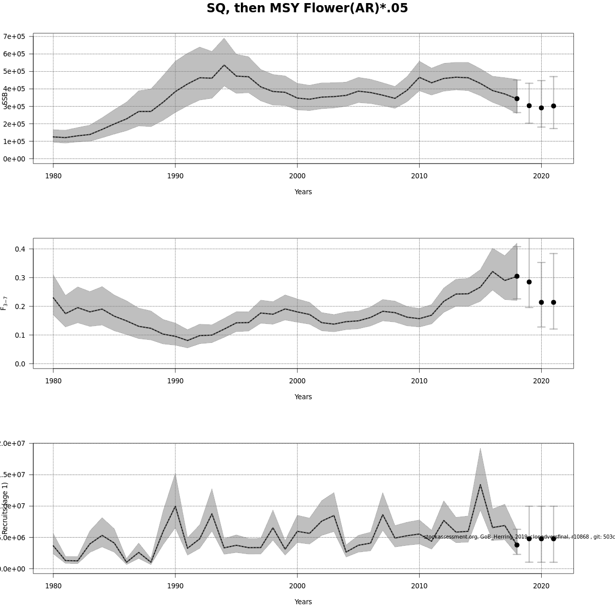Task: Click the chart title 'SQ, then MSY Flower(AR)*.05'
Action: click(307, 9)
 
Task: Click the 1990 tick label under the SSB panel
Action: click(175, 176)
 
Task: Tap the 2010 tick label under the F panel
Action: click(419, 381)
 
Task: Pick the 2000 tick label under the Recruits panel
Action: click(297, 586)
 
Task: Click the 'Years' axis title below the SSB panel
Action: click(303, 192)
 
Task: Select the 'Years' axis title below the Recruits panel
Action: click(303, 602)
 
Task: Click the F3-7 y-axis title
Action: click(4, 303)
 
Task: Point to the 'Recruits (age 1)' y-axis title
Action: click(5, 508)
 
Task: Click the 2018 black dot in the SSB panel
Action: click(517, 98)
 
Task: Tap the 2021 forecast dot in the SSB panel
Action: click(553, 106)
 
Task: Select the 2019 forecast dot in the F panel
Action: click(529, 282)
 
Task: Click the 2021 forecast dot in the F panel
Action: click(553, 302)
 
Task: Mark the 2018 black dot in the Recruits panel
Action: click(517, 545)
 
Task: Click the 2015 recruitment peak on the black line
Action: click(480, 485)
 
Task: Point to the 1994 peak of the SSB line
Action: click(224, 65)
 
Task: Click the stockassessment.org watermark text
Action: click(518, 537)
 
